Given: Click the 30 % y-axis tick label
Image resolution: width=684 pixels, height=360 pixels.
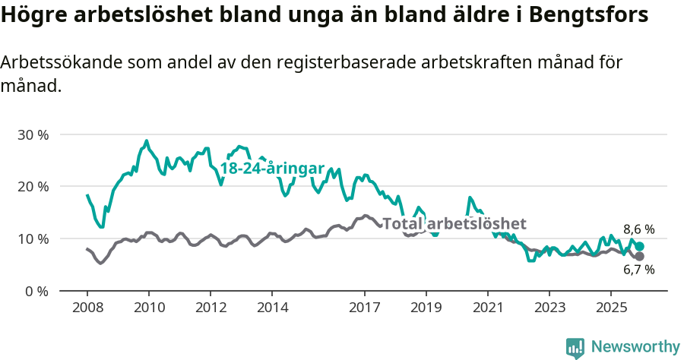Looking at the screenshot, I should click(32, 134).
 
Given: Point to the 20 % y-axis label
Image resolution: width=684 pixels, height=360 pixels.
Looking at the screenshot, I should click(32, 187).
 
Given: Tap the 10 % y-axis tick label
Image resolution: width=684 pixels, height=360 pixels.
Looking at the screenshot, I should click(32, 238).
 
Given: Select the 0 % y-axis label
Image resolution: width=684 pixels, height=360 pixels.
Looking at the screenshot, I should click(35, 291).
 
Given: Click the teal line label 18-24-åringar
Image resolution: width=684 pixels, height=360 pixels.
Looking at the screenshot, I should click(272, 169).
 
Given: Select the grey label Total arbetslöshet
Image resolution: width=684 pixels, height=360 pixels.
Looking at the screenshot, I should click(454, 223).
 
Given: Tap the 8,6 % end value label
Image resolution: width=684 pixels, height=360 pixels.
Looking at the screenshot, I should click(639, 229).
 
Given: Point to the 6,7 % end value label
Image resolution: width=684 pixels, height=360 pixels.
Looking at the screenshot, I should click(639, 270).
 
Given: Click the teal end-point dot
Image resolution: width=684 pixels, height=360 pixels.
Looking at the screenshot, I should click(640, 246).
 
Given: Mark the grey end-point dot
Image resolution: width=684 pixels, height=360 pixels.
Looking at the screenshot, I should click(640, 256).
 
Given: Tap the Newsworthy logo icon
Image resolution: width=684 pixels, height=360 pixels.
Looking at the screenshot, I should click(575, 348).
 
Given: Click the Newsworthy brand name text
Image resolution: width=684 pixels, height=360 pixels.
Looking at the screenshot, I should click(635, 347).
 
